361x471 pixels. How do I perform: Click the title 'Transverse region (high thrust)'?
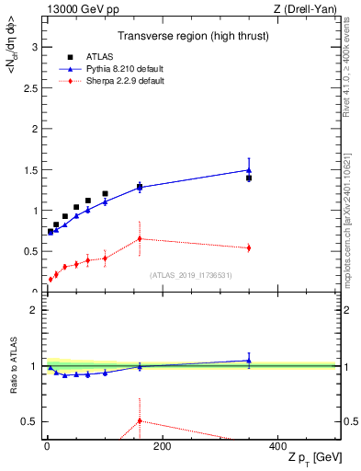pyautogui.click(x=192, y=38)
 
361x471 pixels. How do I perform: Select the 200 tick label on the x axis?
pyautogui.click(x=162, y=446)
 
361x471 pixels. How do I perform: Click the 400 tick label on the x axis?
pyautogui.click(x=277, y=446)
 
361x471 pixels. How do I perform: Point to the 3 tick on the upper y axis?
pyautogui.click(x=34, y=47)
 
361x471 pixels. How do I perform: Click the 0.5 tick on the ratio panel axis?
pyautogui.click(x=28, y=421)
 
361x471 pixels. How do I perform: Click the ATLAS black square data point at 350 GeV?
pyautogui.click(x=249, y=178)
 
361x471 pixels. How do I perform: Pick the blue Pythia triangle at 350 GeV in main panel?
pyautogui.click(x=249, y=169)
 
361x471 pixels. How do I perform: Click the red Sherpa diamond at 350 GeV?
pyautogui.click(x=249, y=247)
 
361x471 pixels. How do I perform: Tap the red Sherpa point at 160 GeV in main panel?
pyautogui.click(x=140, y=238)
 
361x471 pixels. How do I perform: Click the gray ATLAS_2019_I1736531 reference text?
pyautogui.click(x=191, y=274)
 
